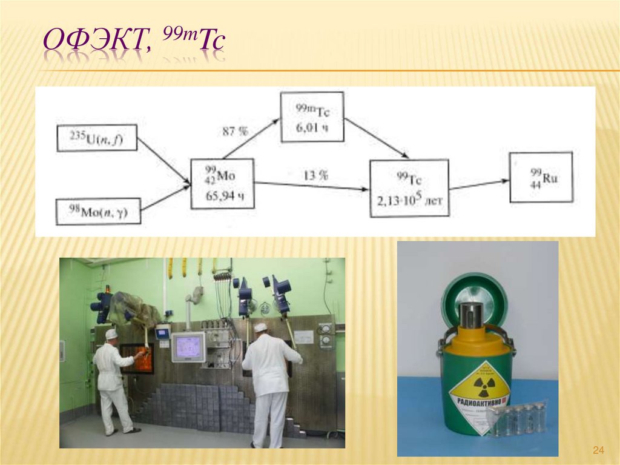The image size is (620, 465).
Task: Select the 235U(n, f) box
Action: [97, 138]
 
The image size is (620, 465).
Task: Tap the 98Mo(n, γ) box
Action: [98, 212]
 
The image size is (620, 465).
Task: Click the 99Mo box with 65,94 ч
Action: [222, 184]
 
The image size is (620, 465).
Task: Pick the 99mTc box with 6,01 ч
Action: [312, 116]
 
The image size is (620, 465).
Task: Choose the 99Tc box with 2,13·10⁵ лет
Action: [409, 188]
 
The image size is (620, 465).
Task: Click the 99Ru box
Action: [541, 177]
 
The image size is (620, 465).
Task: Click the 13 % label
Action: [315, 175]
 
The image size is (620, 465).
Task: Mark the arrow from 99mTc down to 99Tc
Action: [375, 138]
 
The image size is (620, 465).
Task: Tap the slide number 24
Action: [598, 450]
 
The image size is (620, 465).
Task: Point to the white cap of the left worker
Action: [111, 333]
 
